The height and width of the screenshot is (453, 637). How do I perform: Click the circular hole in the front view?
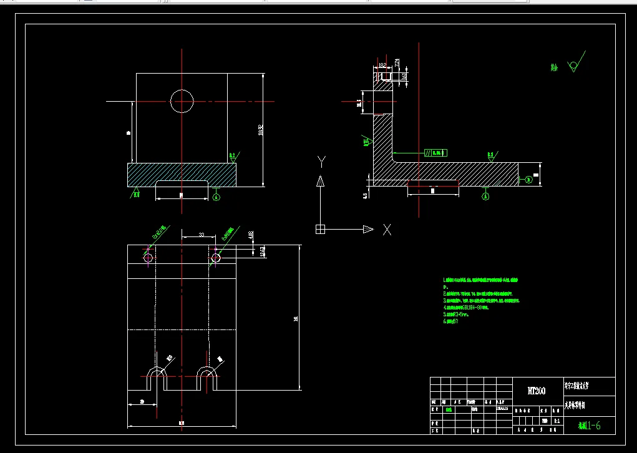pos(182,100)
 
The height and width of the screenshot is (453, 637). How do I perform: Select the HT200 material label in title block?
pos(537,391)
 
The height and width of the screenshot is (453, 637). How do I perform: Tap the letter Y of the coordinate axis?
pos(321,162)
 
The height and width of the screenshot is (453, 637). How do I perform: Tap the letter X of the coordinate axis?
pos(387,229)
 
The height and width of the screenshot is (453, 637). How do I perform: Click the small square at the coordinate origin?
pos(320,229)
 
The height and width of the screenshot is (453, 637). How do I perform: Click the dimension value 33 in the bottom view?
pos(202,234)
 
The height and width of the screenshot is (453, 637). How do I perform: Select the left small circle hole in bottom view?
pos(148,257)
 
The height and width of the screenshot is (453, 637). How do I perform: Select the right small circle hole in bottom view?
pos(216,257)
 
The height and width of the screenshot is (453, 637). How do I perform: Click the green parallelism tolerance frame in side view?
pos(436,152)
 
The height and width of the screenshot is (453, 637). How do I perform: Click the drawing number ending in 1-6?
pos(590,426)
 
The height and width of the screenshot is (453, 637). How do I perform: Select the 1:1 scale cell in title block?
pos(557,421)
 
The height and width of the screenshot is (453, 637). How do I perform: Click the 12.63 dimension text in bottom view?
pos(263,251)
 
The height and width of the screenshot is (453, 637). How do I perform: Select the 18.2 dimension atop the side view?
pos(382,64)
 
